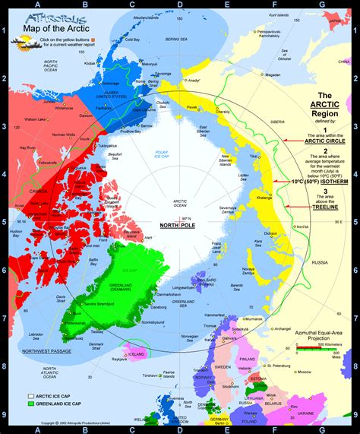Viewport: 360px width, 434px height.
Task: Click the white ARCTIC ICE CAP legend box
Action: [x=32, y=396]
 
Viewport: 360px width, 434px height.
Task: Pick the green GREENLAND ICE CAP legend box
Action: [x=32, y=404]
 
